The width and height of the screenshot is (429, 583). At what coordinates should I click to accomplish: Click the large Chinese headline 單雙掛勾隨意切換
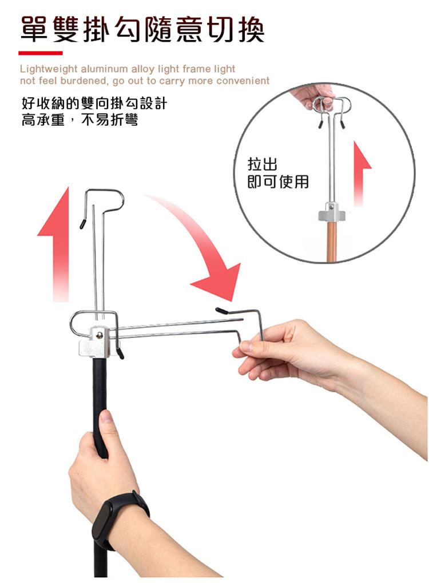coord(142,29)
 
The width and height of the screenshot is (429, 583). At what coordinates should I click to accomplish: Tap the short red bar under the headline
coord(41,53)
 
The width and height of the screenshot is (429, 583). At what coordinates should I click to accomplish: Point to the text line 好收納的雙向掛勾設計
coord(94,103)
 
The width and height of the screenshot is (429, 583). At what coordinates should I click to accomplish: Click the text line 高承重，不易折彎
coord(80,120)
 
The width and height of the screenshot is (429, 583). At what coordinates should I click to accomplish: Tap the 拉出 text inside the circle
coord(263,164)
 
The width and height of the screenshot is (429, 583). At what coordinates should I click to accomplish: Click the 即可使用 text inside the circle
coord(278,182)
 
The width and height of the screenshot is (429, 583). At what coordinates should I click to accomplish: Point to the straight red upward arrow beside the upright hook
coord(55,244)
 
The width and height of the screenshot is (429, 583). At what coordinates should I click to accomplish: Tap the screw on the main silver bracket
coord(99,335)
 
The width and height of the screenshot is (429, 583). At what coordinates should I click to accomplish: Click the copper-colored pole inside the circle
coord(332,242)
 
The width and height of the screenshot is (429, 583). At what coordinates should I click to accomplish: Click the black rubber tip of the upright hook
coord(83,223)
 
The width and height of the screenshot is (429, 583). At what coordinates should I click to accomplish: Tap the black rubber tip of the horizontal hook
coord(221,310)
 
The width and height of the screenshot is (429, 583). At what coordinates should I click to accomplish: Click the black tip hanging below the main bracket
coord(120,353)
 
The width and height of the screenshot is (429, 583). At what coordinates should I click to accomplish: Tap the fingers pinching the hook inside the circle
coord(316,96)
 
